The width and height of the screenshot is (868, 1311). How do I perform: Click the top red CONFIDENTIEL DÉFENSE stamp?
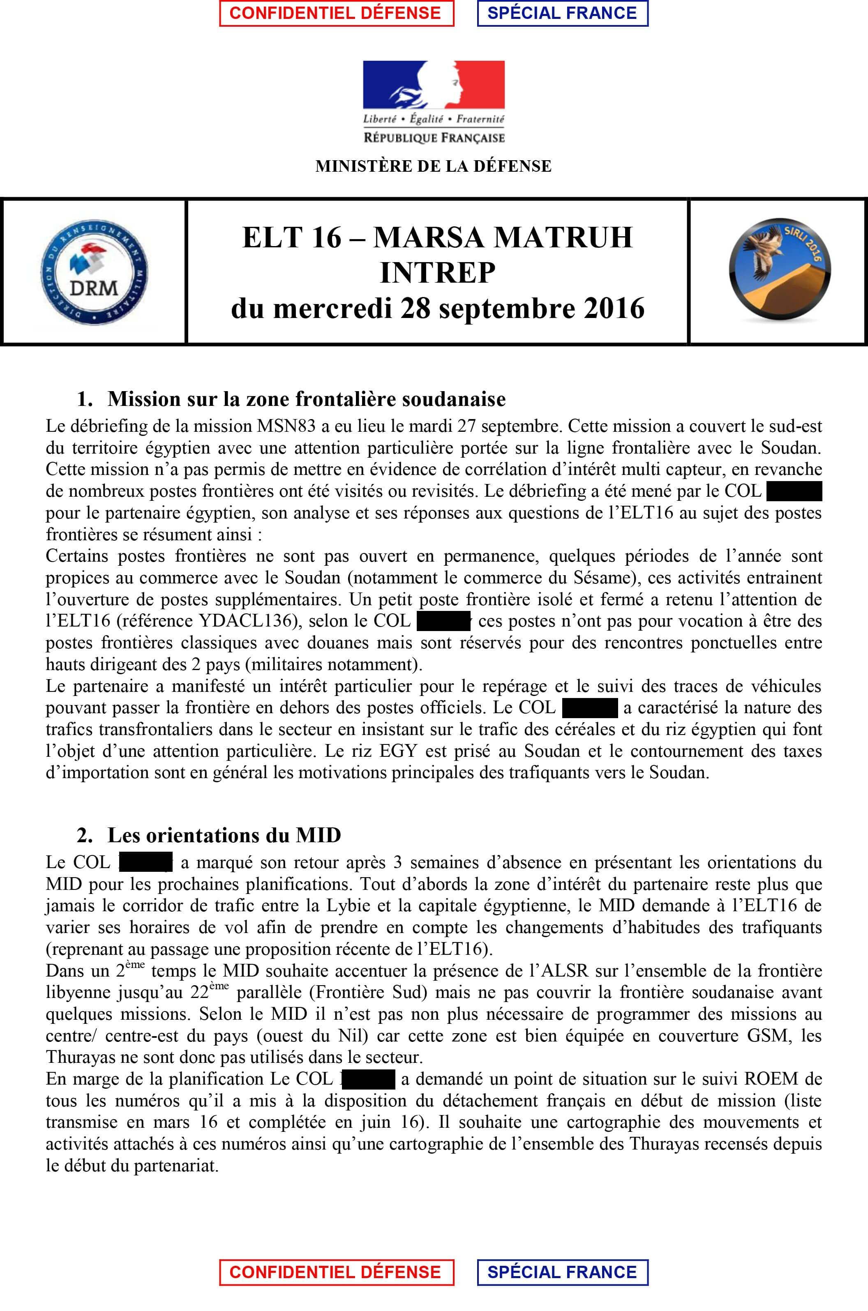[x=336, y=13]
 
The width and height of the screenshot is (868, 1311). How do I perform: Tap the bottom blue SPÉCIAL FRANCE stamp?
[x=562, y=1272]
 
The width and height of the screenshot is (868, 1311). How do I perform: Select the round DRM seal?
[x=95, y=271]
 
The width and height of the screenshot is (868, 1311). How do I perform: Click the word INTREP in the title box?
[x=437, y=273]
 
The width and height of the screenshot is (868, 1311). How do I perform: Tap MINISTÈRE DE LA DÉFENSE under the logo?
[x=434, y=166]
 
